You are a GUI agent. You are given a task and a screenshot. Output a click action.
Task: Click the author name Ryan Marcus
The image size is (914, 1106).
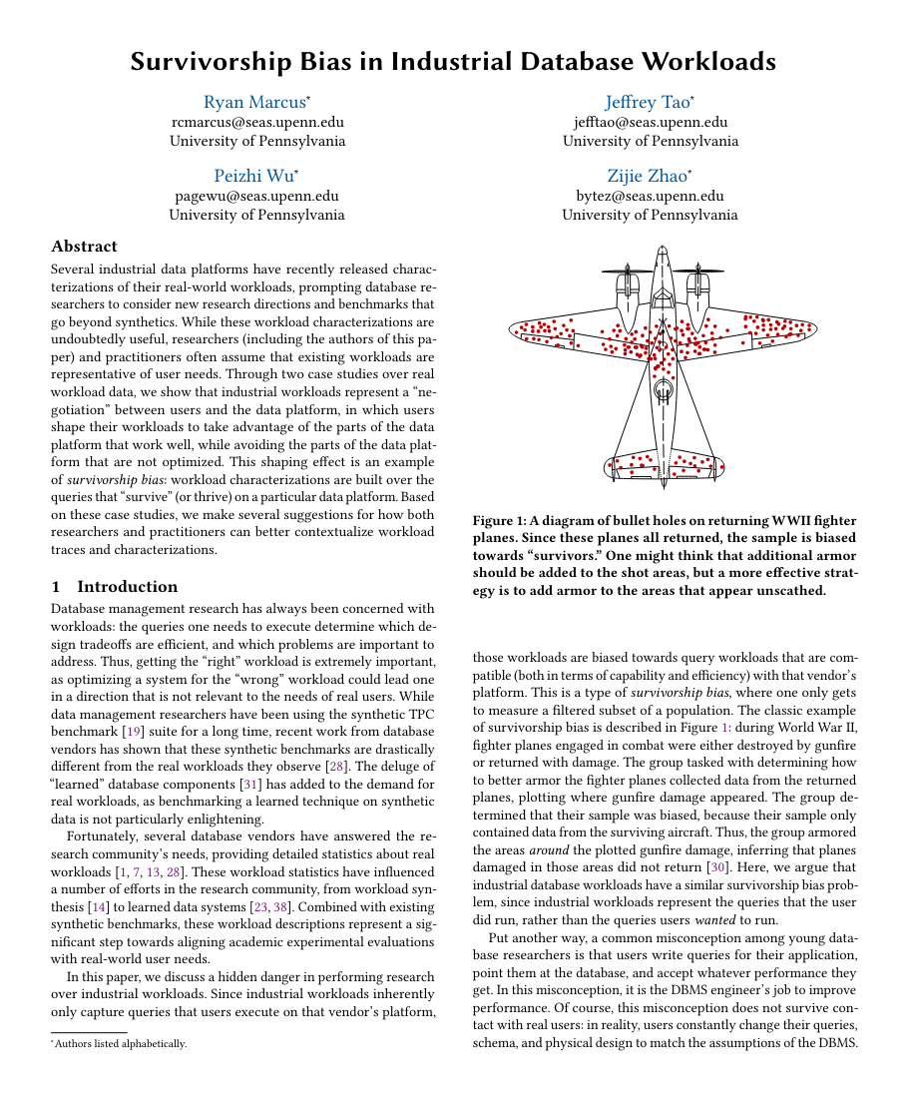tap(253, 102)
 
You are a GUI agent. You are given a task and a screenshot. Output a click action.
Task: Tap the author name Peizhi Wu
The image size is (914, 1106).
tap(253, 176)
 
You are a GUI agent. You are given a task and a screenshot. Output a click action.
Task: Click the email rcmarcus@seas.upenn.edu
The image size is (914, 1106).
tap(257, 122)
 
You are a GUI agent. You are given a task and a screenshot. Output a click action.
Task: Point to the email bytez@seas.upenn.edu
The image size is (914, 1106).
tap(651, 196)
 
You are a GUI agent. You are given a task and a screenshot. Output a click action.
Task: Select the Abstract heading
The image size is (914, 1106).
tap(84, 246)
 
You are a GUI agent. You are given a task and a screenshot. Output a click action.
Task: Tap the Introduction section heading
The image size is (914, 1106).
tap(127, 586)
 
